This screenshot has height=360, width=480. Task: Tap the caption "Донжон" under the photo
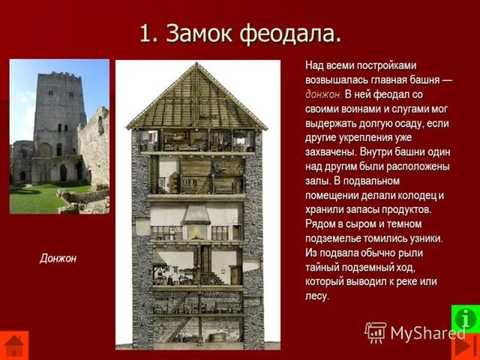coord(58,259)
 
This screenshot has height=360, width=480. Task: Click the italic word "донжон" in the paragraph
coord(323,94)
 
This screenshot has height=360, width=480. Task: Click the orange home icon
coord(14,345)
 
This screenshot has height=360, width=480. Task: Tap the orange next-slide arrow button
coord(466,346)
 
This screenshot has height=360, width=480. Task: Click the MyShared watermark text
coord(427,332)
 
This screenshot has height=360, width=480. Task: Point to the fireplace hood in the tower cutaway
coord(196,215)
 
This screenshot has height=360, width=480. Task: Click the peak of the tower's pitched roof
coord(197,66)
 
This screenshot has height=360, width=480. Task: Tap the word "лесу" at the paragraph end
coord(316,296)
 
